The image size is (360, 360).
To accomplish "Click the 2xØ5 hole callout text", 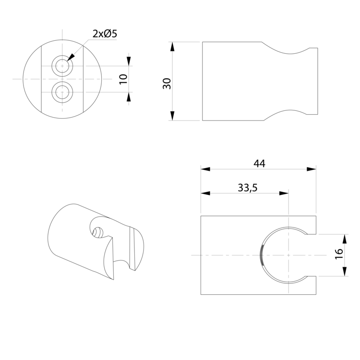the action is (105, 34).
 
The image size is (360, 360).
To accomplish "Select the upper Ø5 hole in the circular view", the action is (62, 66).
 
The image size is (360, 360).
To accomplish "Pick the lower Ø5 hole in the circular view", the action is (62, 92).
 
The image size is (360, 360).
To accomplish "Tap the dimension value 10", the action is (123, 79).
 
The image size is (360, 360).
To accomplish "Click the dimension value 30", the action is (167, 84).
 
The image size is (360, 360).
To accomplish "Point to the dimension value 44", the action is (259, 164).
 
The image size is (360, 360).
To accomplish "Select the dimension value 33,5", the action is (248, 188).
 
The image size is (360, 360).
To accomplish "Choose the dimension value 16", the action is (339, 254).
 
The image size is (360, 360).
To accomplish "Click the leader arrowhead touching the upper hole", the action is (71, 57).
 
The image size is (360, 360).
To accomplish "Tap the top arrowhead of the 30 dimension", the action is (172, 47).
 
